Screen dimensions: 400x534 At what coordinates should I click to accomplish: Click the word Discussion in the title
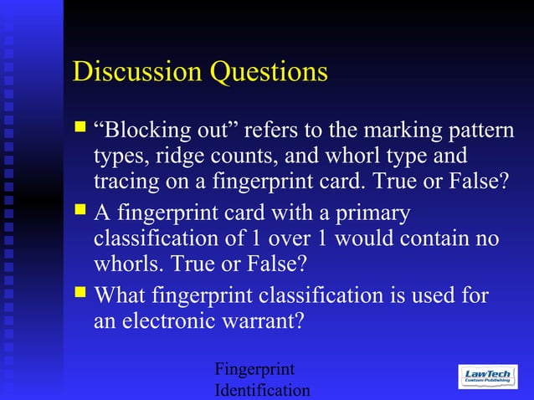coord(136,72)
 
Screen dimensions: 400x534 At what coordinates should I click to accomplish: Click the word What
coord(121,295)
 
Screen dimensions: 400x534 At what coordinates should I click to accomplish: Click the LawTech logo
coord(487,377)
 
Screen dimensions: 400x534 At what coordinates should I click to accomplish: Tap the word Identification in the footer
coord(262,390)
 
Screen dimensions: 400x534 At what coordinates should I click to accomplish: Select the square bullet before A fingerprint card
coord(80,211)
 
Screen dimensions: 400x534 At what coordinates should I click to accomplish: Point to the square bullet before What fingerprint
coord(80,293)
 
